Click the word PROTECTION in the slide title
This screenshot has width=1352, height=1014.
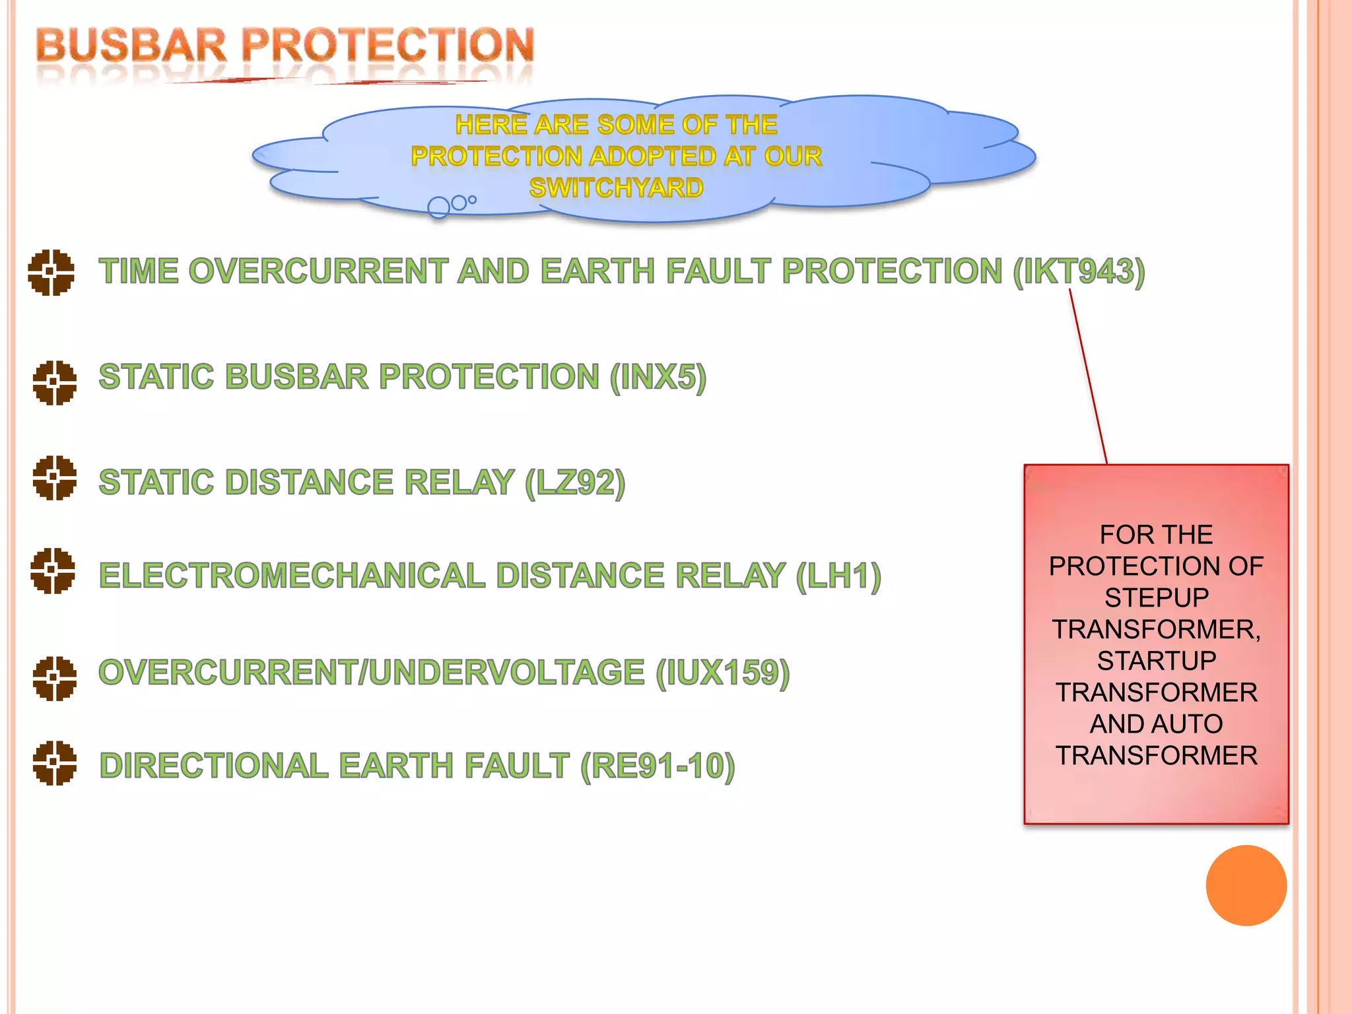coord(388,46)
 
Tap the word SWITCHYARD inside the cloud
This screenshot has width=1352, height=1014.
coord(616,188)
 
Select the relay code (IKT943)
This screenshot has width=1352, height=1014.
coord(1079,272)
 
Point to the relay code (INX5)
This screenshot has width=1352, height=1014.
coord(658,378)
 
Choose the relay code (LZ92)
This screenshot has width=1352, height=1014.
coord(574,483)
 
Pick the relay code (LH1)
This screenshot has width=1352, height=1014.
coord(838,576)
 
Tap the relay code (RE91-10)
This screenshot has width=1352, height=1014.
coord(658,766)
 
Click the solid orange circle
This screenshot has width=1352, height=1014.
coord(1246,885)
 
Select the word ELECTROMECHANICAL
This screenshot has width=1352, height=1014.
coord(292,576)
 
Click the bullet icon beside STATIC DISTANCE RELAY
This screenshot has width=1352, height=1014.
coord(54,478)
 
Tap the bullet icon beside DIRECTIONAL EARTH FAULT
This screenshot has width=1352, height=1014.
coord(54,763)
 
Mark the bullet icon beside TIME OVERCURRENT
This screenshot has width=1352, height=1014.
coord(51,272)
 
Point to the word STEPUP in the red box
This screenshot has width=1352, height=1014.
coord(1156,598)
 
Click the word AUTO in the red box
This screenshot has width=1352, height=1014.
coord(1189,724)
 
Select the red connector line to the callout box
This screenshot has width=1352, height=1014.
coord(1088,376)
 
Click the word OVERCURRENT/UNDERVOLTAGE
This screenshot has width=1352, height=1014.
coord(371,673)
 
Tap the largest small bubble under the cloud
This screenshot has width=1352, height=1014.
coord(438,207)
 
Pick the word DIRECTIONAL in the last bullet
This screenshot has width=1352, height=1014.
coord(213,766)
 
